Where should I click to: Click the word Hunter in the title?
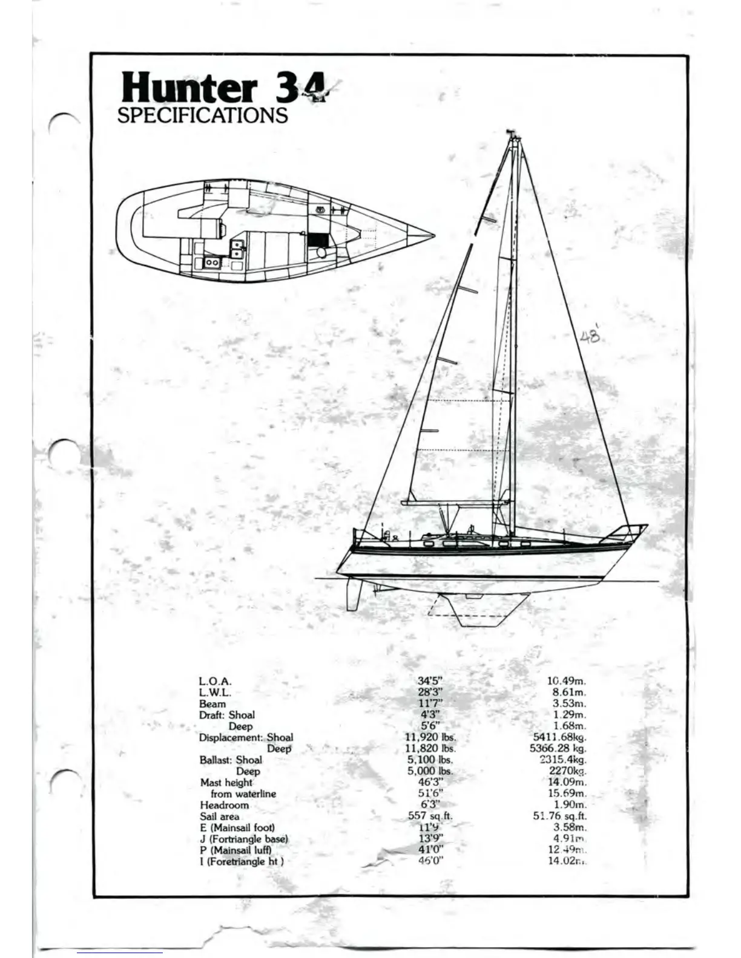click(x=189, y=88)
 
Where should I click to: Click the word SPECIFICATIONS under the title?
click(x=202, y=116)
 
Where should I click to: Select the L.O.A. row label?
click(x=215, y=681)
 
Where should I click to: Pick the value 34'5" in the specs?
click(x=430, y=681)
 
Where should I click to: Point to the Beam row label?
click(x=212, y=704)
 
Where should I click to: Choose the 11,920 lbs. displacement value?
click(x=430, y=737)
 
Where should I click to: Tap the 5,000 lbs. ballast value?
click(x=430, y=771)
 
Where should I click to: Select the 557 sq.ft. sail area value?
click(x=430, y=816)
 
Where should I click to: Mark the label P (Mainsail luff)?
click(x=235, y=850)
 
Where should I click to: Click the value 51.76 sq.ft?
click(x=560, y=816)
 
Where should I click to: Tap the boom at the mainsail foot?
click(x=454, y=503)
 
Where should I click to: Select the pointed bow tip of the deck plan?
click(x=432, y=235)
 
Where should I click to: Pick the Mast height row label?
click(x=226, y=783)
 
